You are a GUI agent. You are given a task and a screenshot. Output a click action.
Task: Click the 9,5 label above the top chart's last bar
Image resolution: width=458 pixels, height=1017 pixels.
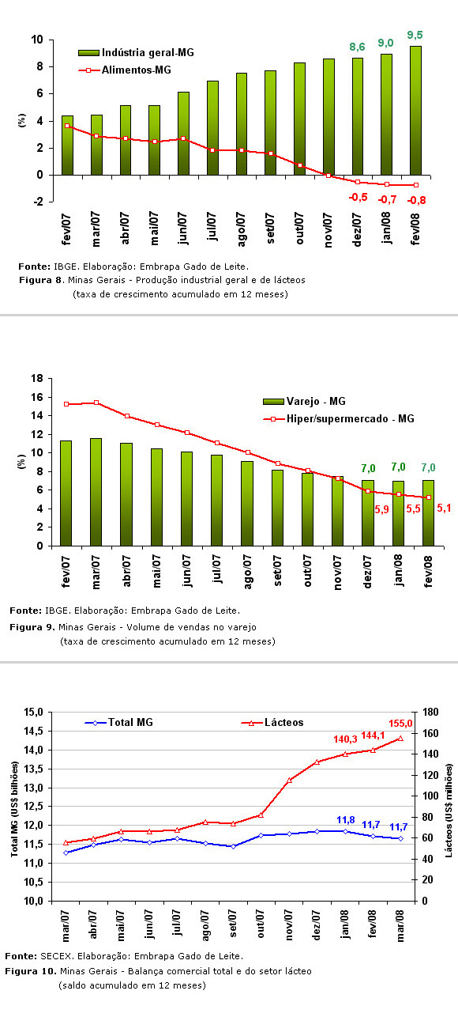415,35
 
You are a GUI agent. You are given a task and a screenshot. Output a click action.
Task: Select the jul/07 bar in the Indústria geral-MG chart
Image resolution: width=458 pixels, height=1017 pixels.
212,128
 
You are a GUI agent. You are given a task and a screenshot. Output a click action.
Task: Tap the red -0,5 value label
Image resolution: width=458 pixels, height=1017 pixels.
358,197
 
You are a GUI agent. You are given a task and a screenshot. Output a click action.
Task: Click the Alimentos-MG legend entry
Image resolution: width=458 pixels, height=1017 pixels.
125,70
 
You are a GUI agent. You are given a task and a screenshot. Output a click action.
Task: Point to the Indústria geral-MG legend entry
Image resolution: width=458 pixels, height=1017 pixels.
136,53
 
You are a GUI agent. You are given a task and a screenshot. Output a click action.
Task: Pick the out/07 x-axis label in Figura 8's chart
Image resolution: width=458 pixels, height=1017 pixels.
300,229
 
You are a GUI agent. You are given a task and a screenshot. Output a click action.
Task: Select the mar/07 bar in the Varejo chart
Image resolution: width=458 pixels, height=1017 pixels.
96,492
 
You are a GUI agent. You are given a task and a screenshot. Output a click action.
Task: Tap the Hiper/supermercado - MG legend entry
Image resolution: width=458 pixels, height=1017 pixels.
339,418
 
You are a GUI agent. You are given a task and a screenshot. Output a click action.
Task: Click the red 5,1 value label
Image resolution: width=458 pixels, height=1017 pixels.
444,508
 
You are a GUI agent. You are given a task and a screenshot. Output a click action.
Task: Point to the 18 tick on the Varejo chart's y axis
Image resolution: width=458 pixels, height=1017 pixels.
37,378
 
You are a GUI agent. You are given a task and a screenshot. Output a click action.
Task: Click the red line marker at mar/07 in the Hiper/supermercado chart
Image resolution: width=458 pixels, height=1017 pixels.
96,403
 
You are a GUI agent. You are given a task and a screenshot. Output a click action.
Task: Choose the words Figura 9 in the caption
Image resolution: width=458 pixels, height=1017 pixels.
32,627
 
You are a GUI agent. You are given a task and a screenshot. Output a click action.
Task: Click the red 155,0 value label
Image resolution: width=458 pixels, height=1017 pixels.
400,724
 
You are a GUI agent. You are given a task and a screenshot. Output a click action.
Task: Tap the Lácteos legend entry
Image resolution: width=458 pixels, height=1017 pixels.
272,722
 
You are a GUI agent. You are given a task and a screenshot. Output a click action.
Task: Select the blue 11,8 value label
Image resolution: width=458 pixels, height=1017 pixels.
346,820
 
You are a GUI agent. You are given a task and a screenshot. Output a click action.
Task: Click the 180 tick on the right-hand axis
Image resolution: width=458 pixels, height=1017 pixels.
430,712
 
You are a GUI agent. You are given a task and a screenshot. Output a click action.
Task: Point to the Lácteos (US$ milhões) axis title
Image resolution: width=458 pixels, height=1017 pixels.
449,811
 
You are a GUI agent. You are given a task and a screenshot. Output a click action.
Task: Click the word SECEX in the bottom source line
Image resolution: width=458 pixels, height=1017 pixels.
56,955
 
